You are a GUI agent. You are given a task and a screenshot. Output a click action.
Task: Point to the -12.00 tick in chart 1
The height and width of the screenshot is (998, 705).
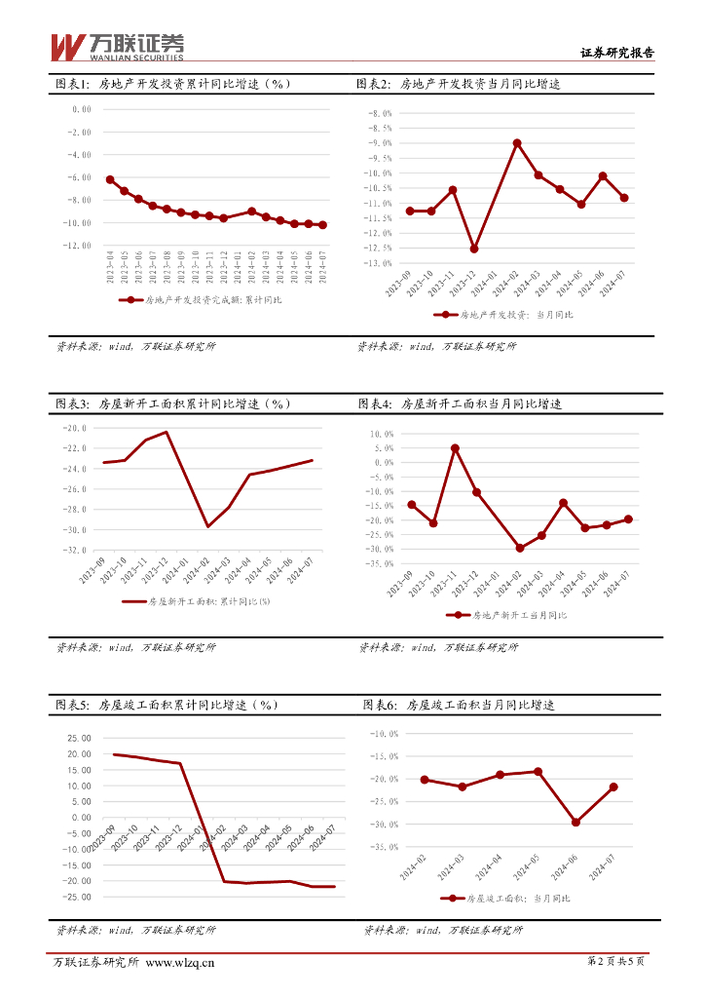click(76, 246)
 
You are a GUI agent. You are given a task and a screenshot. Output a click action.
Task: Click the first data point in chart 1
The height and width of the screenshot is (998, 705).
click(110, 179)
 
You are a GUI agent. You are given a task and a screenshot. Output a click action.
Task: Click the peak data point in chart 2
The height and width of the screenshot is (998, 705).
click(517, 142)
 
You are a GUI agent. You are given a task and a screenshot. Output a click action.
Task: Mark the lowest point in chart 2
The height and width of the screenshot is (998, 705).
click(474, 249)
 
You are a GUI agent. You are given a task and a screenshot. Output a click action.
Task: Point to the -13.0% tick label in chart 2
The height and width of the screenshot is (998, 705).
click(379, 263)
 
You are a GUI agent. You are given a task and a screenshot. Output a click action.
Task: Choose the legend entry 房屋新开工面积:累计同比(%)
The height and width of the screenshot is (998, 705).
click(196, 601)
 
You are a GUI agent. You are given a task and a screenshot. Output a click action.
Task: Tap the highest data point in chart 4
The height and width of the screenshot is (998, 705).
click(455, 448)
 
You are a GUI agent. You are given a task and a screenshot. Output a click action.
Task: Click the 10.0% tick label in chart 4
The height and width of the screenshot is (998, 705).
click(381, 434)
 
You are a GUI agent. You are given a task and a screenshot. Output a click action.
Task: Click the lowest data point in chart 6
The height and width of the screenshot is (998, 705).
click(575, 823)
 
